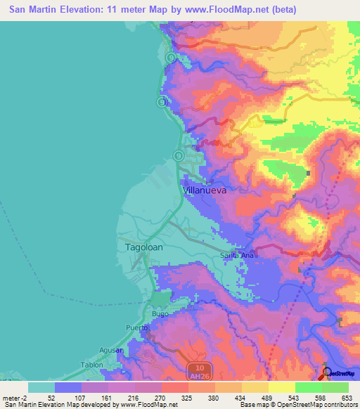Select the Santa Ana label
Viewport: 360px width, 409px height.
point(236,255)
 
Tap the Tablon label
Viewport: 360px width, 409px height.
point(91,365)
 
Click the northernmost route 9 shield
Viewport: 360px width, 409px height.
point(171,57)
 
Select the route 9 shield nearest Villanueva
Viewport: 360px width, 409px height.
point(179,155)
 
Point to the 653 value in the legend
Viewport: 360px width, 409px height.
point(346,397)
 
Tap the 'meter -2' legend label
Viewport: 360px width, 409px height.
point(14,397)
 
